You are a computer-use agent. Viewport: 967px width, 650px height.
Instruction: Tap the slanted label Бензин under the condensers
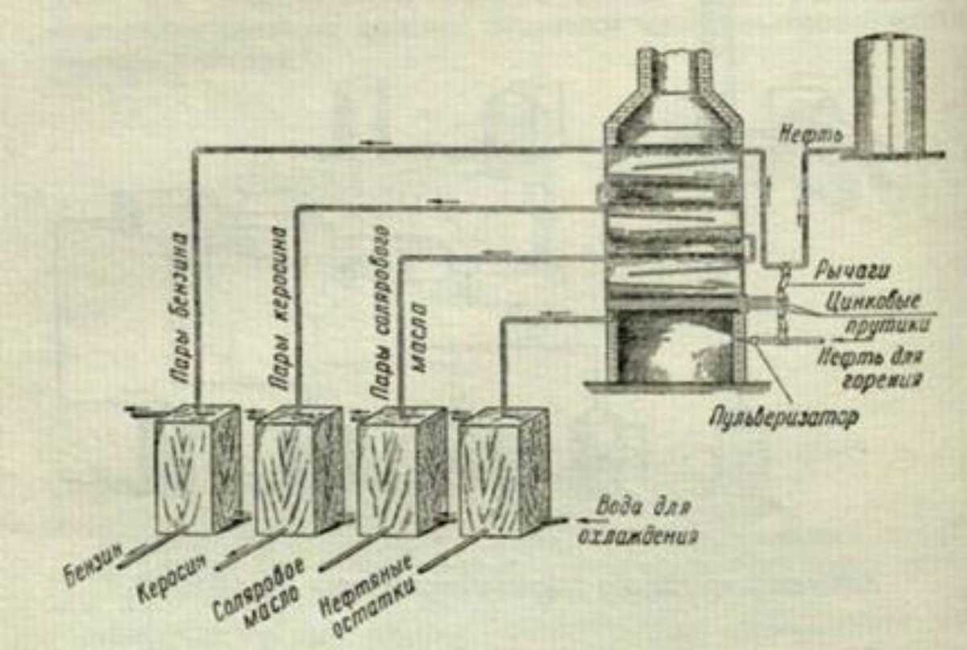click(x=94, y=562)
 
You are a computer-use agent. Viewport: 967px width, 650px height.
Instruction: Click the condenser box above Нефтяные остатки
click(x=504, y=472)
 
